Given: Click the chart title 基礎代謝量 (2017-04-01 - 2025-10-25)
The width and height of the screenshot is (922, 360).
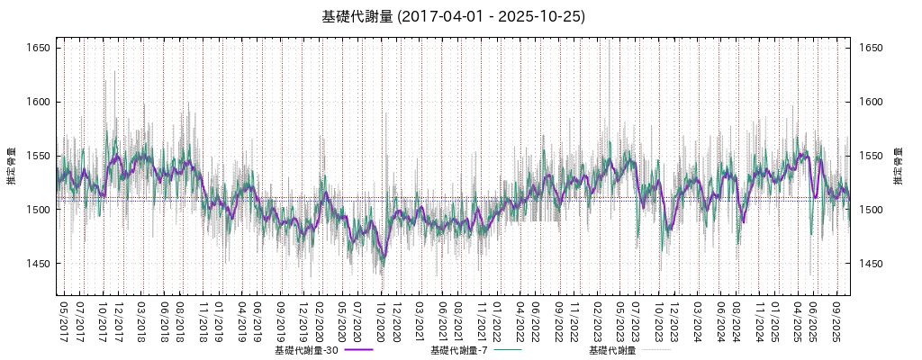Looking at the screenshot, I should point(453,16).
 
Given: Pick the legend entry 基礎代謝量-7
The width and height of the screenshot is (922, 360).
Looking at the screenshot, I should point(459,350).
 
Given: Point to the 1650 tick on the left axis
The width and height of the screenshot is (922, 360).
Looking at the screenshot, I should point(37,48).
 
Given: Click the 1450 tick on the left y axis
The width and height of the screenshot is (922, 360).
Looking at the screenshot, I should point(37,264).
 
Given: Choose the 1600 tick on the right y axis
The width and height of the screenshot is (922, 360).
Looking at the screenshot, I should point(870,102).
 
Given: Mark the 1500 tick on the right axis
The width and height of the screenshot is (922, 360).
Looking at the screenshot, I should point(870,210).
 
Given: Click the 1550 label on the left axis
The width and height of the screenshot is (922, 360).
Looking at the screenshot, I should point(37,156).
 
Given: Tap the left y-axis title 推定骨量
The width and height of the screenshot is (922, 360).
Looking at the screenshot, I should point(11,166).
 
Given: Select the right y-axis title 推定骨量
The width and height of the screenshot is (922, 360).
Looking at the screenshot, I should point(898,166).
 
